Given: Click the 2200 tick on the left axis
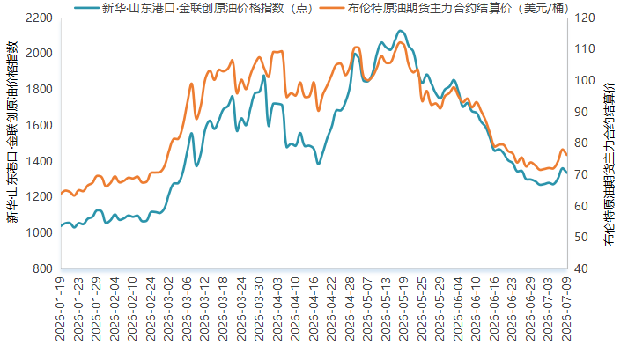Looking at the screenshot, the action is (x=39, y=18).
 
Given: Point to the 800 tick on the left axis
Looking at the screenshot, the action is (x=42, y=268).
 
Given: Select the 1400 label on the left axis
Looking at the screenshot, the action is (x=39, y=161).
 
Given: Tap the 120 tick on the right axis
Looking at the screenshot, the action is (x=584, y=18).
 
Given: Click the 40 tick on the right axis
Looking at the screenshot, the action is (x=581, y=268).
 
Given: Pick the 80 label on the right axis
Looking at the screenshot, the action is (x=581, y=143).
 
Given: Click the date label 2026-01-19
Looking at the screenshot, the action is (x=60, y=309).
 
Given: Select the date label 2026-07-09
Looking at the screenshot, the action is (x=566, y=309).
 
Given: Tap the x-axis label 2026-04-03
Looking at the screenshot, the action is (x=277, y=309).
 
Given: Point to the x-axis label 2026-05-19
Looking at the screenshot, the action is (x=403, y=309).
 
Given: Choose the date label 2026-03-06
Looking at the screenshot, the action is (x=187, y=309).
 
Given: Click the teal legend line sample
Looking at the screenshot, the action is (x=85, y=8).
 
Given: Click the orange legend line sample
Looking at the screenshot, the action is (x=332, y=8).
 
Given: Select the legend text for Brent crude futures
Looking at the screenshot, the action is (x=457, y=8).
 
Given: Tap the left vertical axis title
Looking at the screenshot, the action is (x=12, y=132).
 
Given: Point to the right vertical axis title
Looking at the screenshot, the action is (x=609, y=165).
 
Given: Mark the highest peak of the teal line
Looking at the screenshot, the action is (x=400, y=31).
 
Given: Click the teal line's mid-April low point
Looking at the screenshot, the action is (x=319, y=164).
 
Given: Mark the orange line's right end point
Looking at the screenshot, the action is (x=566, y=155).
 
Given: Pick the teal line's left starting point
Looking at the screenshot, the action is (x=62, y=226).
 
